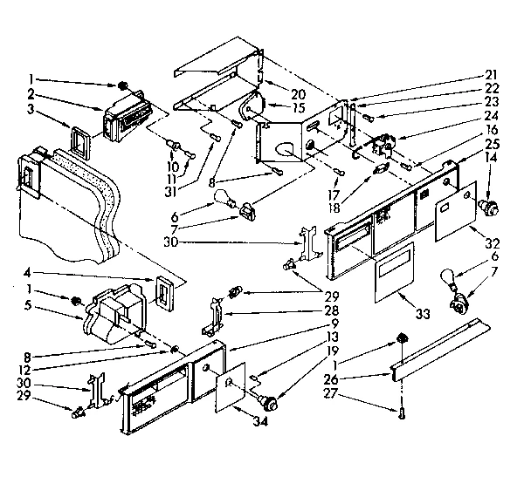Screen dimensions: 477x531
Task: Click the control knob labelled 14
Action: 490,208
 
